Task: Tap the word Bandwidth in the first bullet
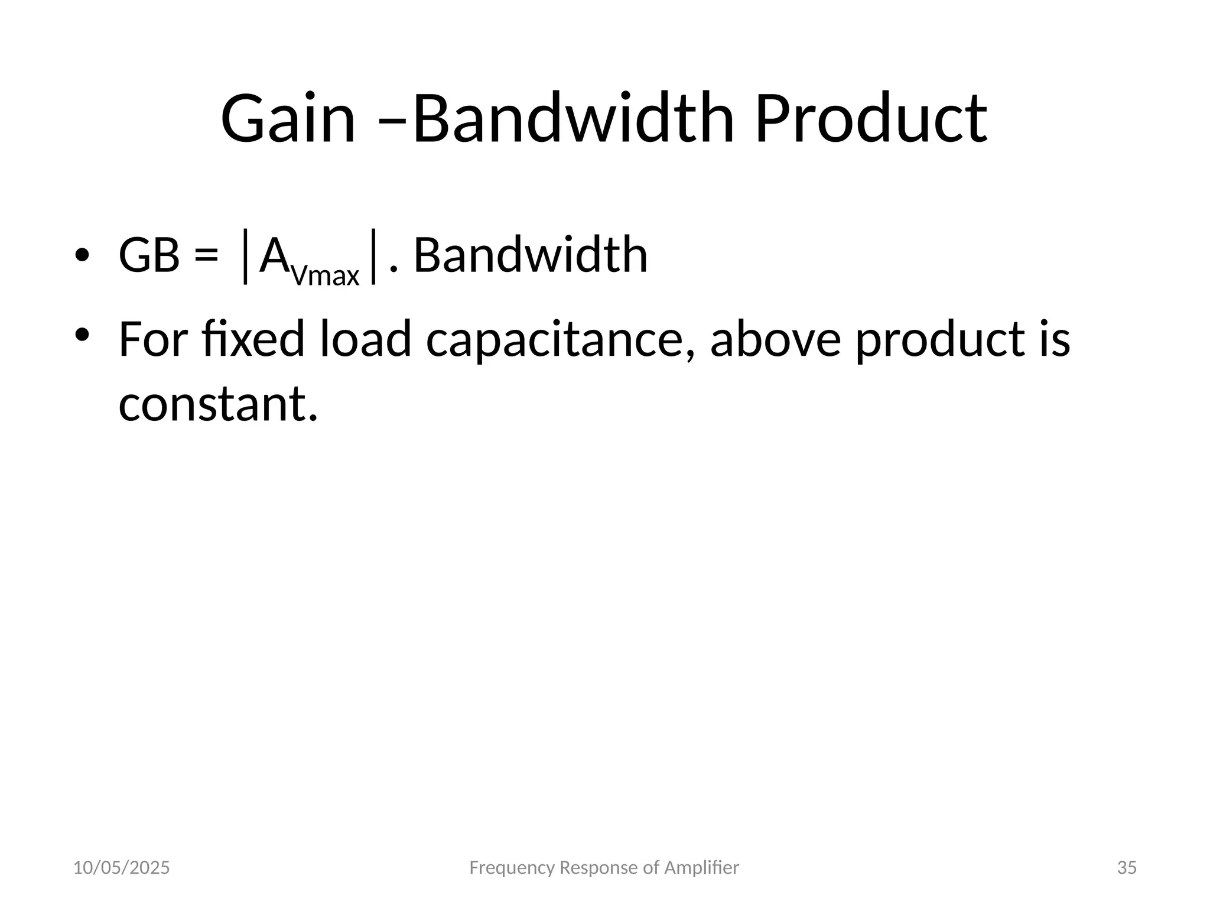pyautogui.click(x=530, y=255)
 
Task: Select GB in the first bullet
pyautogui.click(x=149, y=255)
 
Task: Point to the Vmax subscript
pyautogui.click(x=326, y=275)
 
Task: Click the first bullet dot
pyautogui.click(x=82, y=255)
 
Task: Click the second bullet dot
pyautogui.click(x=82, y=335)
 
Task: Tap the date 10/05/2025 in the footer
pyautogui.click(x=121, y=868)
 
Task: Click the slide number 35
pyautogui.click(x=1127, y=868)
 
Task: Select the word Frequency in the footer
pyautogui.click(x=512, y=868)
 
